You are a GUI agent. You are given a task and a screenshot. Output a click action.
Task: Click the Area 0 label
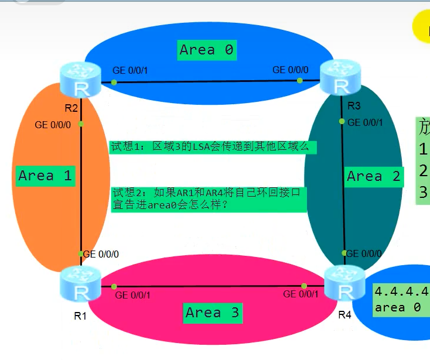(207, 50)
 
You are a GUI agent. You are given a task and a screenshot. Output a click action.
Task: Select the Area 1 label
(45, 176)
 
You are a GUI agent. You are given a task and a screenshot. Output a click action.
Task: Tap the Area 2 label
(374, 176)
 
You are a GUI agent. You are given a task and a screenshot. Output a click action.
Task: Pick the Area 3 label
(213, 313)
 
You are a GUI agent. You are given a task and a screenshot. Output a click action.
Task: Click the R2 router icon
(80, 80)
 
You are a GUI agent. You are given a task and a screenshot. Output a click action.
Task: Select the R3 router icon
(340, 80)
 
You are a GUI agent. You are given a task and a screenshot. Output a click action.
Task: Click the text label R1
(80, 316)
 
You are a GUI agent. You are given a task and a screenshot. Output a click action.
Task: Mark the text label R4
(345, 316)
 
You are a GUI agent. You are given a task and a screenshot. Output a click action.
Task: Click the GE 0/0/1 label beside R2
(130, 70)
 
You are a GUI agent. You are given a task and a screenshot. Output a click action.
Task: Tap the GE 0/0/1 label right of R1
(133, 295)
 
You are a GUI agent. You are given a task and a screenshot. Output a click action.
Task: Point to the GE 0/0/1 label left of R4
(301, 294)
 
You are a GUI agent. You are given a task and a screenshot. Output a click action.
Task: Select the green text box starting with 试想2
(209, 198)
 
